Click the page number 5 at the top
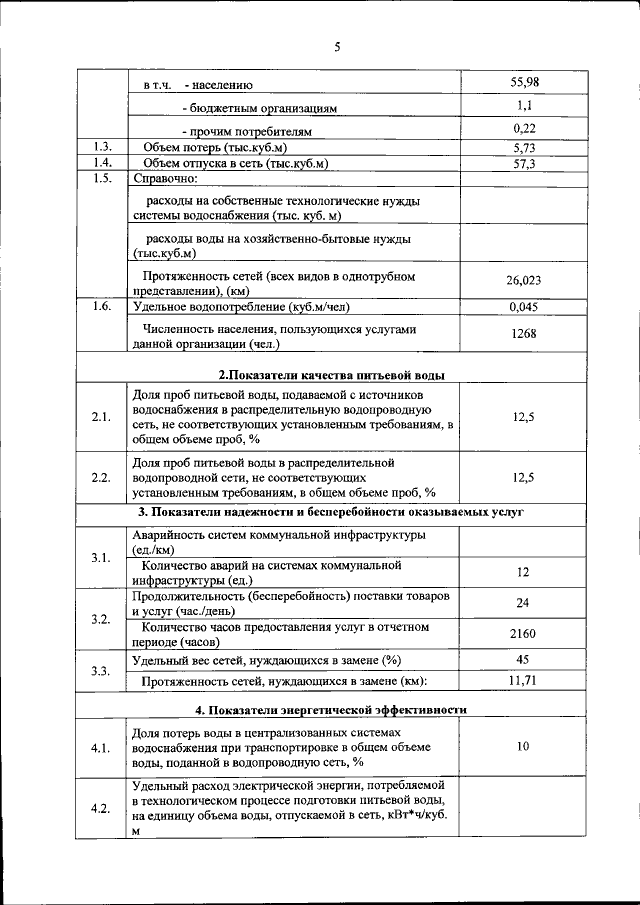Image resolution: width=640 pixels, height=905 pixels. pos(337,46)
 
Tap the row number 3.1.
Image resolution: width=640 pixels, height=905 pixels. pos(100,556)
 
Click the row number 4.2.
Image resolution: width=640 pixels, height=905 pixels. pos(100,808)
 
